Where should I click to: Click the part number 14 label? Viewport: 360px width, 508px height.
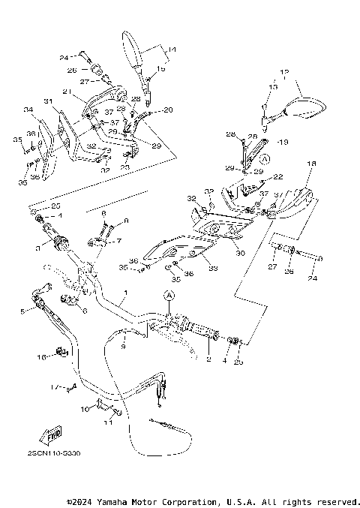coord(172,50)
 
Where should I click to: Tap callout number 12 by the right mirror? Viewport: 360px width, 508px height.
coord(284,73)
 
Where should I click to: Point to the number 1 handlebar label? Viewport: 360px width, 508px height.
coord(126,292)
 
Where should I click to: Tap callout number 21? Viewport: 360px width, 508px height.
coord(67,92)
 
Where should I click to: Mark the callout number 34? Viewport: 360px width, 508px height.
coord(28,110)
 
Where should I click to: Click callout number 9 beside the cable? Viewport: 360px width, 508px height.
coord(124,346)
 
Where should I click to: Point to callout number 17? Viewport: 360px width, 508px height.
coord(54,387)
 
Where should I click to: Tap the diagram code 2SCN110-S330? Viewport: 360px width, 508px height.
coord(53,453)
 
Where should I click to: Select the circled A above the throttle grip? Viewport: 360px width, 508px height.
coord(169,296)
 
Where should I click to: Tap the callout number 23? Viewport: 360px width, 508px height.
coord(124,167)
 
